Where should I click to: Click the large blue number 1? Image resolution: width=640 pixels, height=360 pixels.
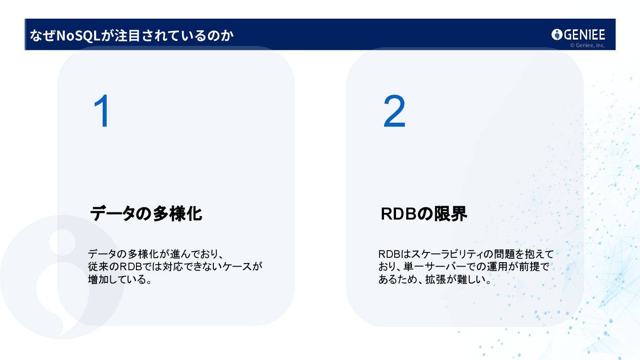point(103,112)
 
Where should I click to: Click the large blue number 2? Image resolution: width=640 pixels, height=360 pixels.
point(394,112)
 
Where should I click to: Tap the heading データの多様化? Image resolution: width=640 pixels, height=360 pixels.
point(146,214)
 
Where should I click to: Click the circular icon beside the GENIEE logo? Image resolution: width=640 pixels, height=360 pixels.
point(557,35)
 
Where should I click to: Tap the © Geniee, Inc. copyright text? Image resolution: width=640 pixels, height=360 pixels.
point(587,45)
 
